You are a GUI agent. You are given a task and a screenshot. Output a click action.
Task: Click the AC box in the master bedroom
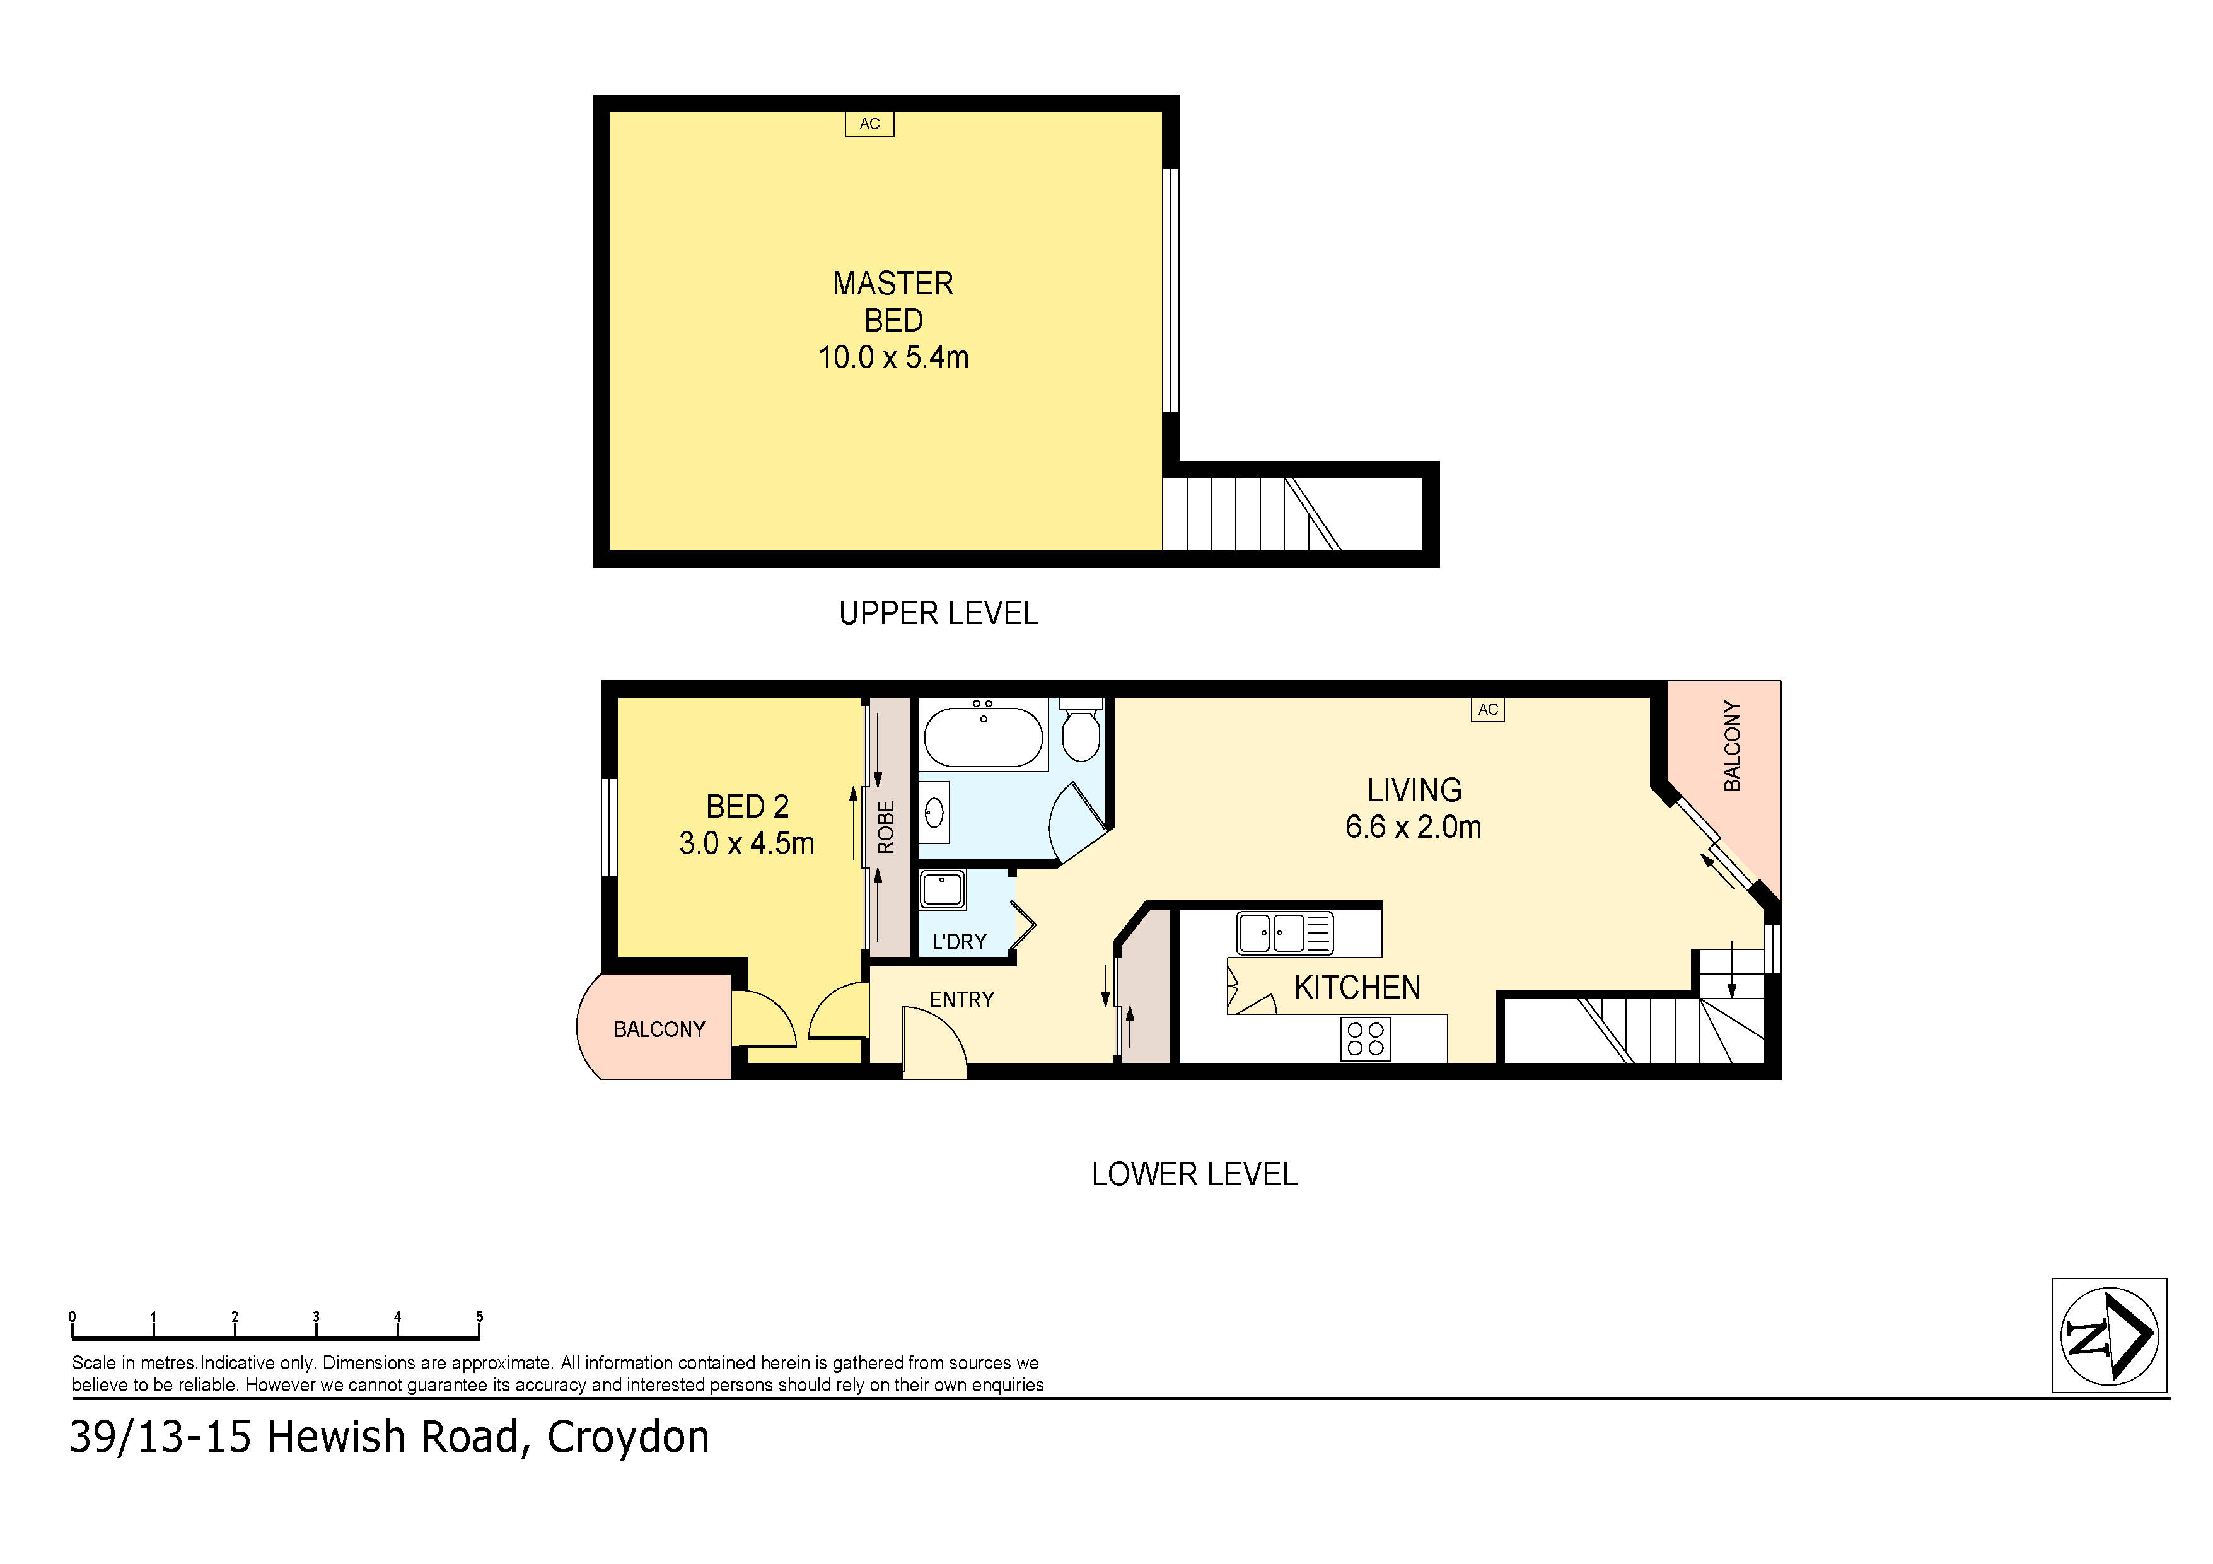point(869,124)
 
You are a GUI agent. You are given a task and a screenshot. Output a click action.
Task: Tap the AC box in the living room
point(1487,709)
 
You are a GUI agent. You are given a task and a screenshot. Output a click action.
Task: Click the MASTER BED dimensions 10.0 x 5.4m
point(893,357)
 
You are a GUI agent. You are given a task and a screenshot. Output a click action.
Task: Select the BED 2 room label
point(747,806)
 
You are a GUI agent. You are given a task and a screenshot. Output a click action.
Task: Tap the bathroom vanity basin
point(934,813)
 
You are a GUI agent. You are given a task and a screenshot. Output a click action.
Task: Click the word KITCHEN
point(1356,988)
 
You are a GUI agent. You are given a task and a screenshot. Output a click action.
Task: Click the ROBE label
point(886,827)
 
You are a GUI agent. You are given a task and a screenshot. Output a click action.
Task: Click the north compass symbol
point(2109,1336)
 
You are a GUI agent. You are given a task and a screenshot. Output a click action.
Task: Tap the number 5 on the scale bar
point(479,1316)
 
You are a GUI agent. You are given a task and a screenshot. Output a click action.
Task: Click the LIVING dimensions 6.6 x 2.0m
point(1413,827)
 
